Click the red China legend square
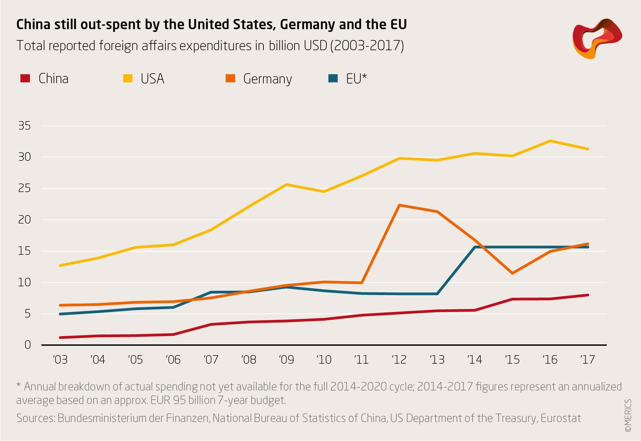coord(25,78)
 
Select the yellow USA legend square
coord(128,78)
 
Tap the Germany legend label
coord(267,79)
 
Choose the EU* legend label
coord(356,79)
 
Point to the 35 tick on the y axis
coord(24,126)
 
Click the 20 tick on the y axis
coord(24,220)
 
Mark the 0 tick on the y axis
coord(27,345)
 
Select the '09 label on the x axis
coord(286,360)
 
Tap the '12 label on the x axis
coord(399,360)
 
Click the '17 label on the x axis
coord(587,360)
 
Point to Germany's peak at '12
coord(400,205)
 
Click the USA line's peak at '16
coord(550,141)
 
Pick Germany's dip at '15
coord(513,273)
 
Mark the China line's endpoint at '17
coord(588,295)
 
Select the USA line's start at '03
coord(60,265)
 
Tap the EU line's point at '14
coord(475,247)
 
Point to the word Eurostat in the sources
coord(561,418)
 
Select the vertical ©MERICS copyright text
coord(628,416)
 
